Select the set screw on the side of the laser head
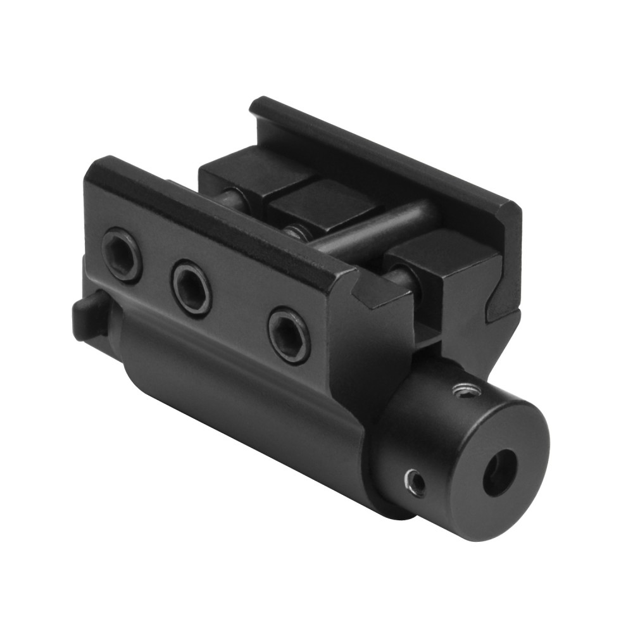click(415, 482)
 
